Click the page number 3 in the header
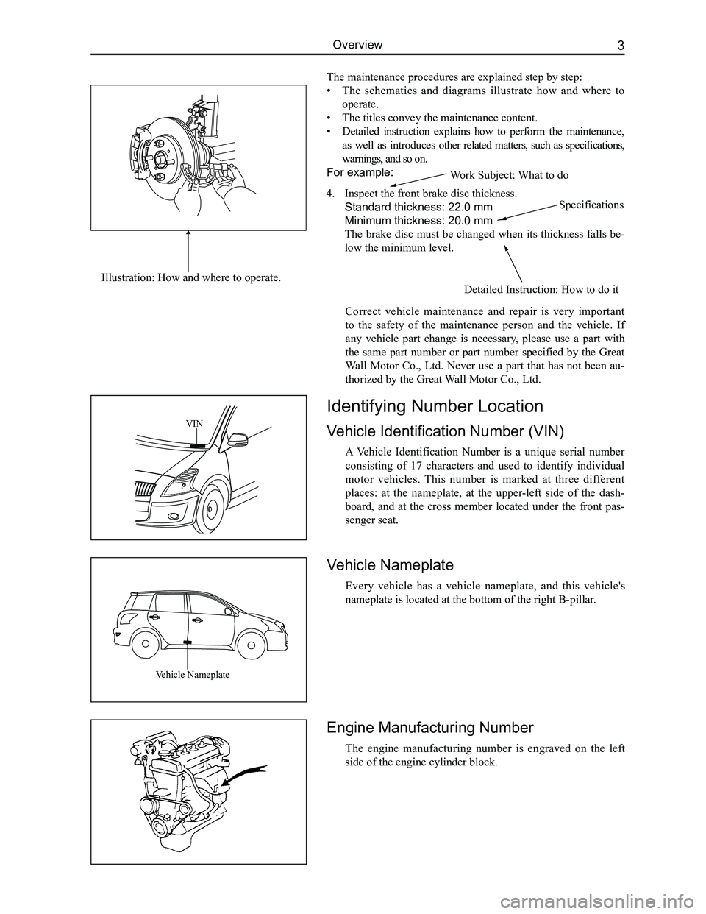point(621,46)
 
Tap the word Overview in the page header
point(357,45)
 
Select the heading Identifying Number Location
point(435,407)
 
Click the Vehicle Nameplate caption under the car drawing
point(193,675)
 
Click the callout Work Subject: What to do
point(509,175)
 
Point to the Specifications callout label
point(591,205)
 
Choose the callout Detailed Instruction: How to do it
point(542,288)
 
